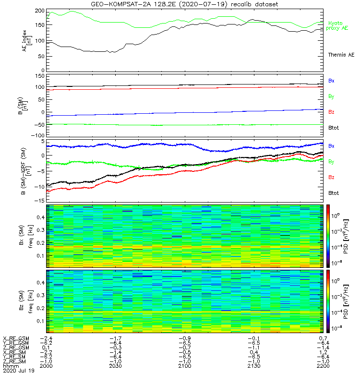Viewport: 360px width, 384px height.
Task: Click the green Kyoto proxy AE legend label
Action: tap(338, 25)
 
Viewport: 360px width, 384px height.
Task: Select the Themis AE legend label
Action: tap(341, 55)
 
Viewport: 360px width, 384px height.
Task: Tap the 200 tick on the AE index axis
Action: tap(40, 11)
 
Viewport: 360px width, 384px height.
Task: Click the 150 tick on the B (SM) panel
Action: tap(40, 76)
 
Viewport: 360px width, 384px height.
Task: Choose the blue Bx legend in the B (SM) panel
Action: tap(331, 81)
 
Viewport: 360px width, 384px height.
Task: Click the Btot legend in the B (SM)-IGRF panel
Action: tap(333, 193)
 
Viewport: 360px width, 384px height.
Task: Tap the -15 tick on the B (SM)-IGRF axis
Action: tap(39, 200)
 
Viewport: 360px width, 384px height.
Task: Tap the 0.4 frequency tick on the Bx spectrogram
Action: tap(41, 217)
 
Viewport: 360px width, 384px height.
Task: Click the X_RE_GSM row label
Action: tap(16, 338)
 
